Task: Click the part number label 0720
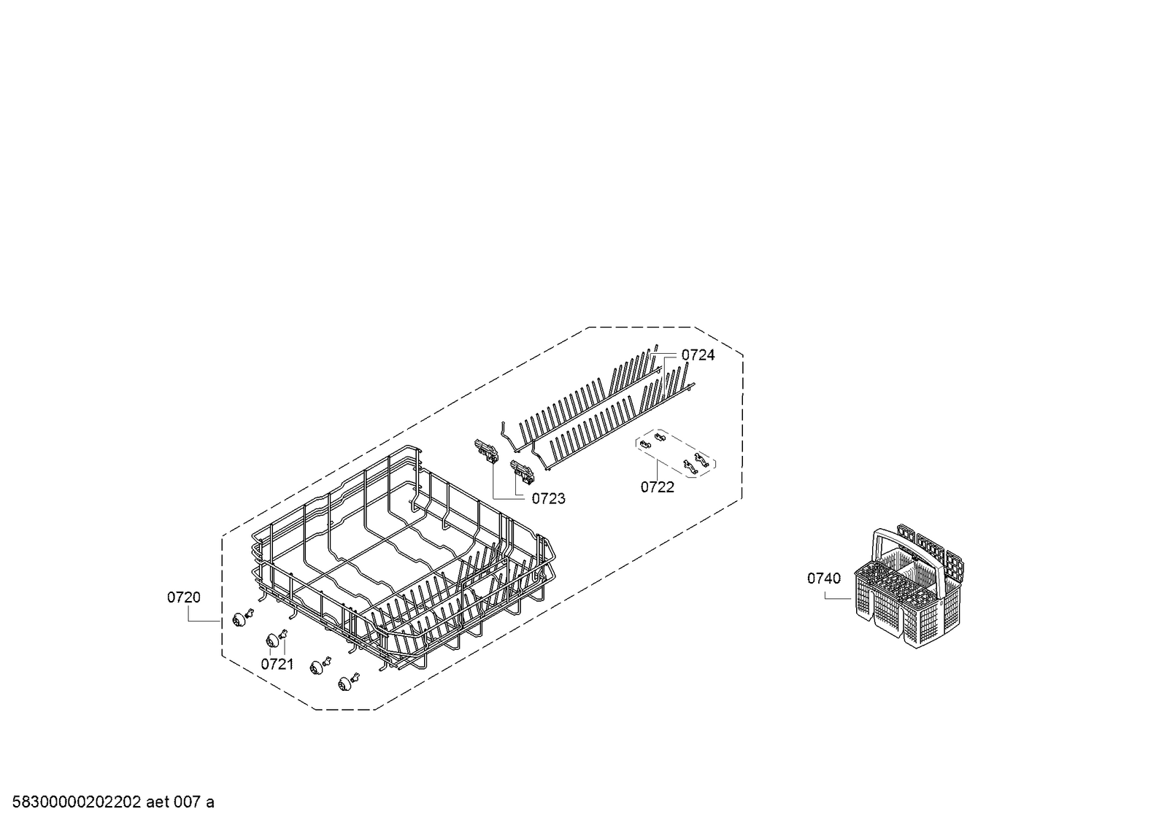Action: click(183, 597)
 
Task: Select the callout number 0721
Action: click(277, 664)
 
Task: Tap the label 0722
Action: click(657, 487)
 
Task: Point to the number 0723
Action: click(548, 498)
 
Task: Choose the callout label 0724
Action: click(698, 355)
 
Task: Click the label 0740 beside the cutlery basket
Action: click(824, 578)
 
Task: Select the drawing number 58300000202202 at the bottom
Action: click(77, 802)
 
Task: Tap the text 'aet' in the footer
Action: click(158, 802)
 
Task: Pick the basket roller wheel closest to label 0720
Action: click(239, 620)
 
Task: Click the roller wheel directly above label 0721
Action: click(272, 641)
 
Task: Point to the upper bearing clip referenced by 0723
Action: click(486, 451)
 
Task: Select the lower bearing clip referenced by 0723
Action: click(523, 471)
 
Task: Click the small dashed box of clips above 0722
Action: click(675, 453)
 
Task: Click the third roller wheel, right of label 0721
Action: click(316, 667)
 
